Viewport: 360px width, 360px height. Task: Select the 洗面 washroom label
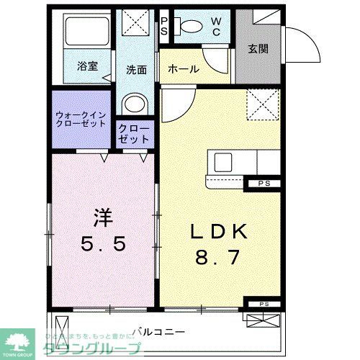137,70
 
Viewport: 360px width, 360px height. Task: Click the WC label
216,27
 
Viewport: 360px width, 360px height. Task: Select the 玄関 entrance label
258,49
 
